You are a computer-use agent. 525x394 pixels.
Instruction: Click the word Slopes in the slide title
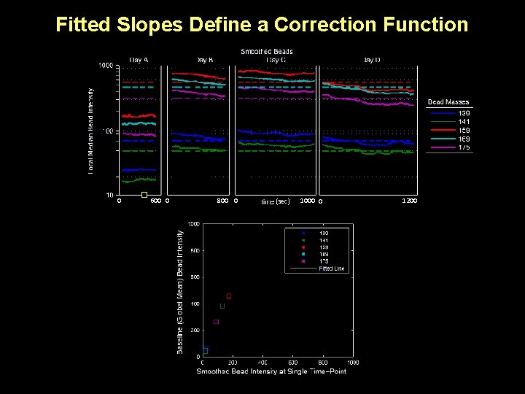click(152, 25)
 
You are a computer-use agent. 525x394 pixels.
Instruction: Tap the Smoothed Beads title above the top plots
click(267, 51)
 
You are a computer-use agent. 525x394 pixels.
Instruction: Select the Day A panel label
click(139, 59)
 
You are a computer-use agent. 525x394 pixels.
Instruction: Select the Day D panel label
click(372, 59)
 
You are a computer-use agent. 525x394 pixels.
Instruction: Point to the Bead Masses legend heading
click(448, 102)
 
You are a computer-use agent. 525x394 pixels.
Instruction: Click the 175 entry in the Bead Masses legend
click(464, 147)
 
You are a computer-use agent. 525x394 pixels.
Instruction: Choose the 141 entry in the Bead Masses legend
click(464, 122)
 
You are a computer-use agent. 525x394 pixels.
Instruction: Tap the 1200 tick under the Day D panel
click(409, 201)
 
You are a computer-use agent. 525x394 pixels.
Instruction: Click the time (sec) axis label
click(276, 201)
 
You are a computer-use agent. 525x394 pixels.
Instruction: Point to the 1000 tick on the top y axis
click(106, 66)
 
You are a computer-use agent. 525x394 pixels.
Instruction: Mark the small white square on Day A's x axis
click(144, 195)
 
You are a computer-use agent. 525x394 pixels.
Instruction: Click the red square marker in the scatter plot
click(229, 295)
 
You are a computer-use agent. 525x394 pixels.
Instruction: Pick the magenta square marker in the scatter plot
click(216, 322)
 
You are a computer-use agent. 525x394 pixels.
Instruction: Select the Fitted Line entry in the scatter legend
click(332, 269)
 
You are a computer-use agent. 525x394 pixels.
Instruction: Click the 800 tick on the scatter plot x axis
click(322, 362)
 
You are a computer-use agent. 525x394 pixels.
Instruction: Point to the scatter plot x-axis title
click(271, 371)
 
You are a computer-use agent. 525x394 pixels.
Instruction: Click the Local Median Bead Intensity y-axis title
click(91, 131)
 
